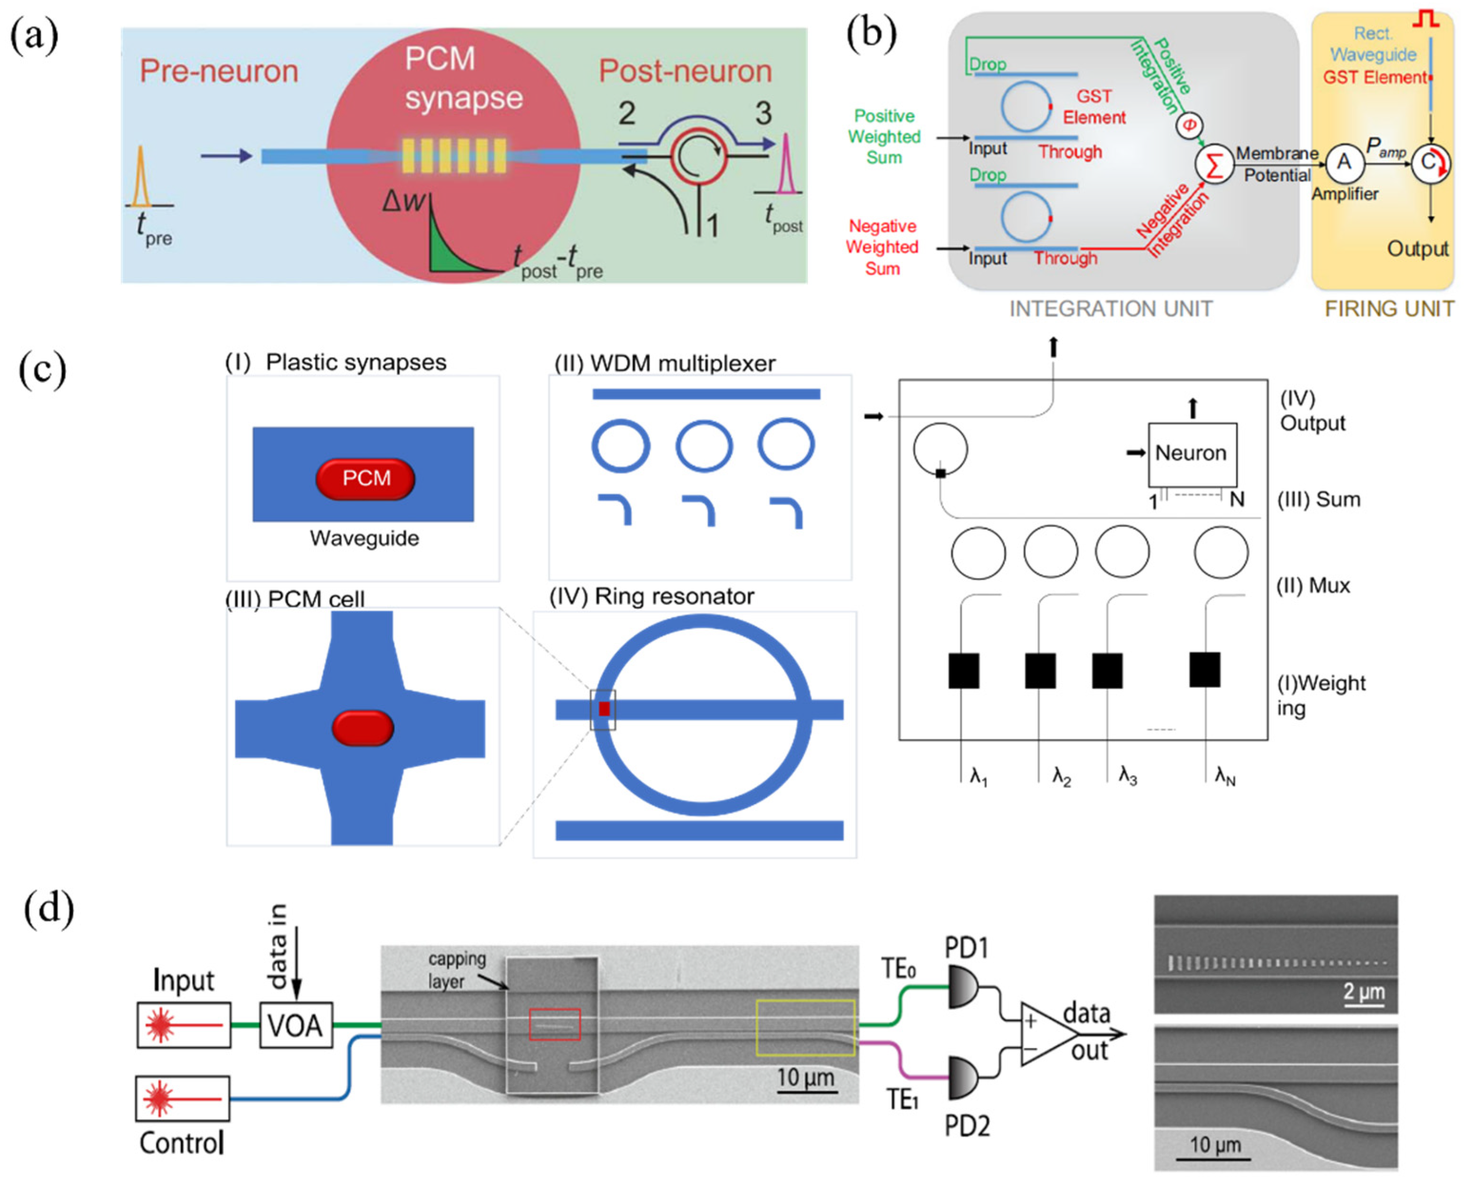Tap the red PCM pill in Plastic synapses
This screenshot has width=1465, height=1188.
click(x=365, y=478)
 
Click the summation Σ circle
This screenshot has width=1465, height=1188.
click(x=1214, y=165)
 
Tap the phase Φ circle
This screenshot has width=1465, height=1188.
click(x=1190, y=125)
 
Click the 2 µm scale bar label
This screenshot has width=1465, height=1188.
click(x=1364, y=991)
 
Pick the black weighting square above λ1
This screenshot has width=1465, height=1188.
click(x=963, y=670)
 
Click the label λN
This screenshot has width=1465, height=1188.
click(x=1225, y=777)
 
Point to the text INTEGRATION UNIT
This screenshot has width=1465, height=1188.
click(x=1111, y=309)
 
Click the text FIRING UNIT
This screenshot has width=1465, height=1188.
click(x=1389, y=309)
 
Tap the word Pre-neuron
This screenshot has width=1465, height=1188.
click(x=219, y=71)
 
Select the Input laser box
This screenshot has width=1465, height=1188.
click(x=183, y=1024)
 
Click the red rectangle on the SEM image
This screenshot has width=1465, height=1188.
click(x=554, y=1024)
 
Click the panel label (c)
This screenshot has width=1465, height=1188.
click(x=42, y=369)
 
